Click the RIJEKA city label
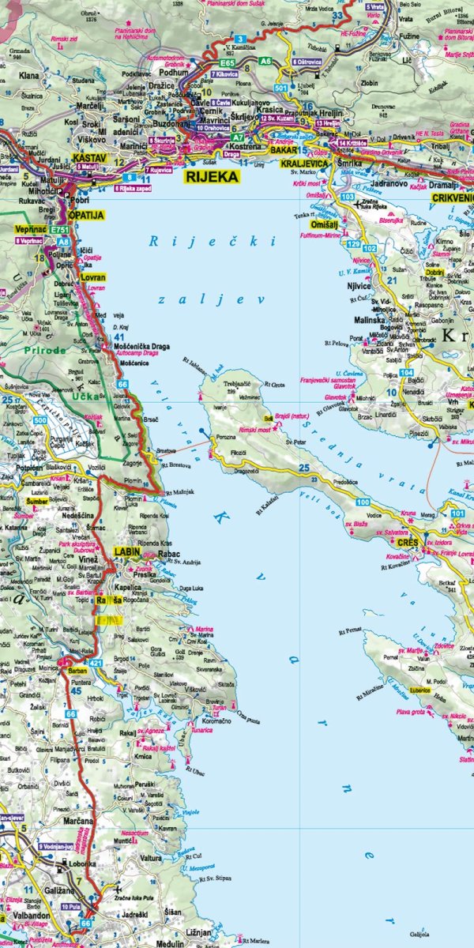[x=211, y=177]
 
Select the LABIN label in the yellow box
[x=127, y=551]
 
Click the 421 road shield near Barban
[x=96, y=662]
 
